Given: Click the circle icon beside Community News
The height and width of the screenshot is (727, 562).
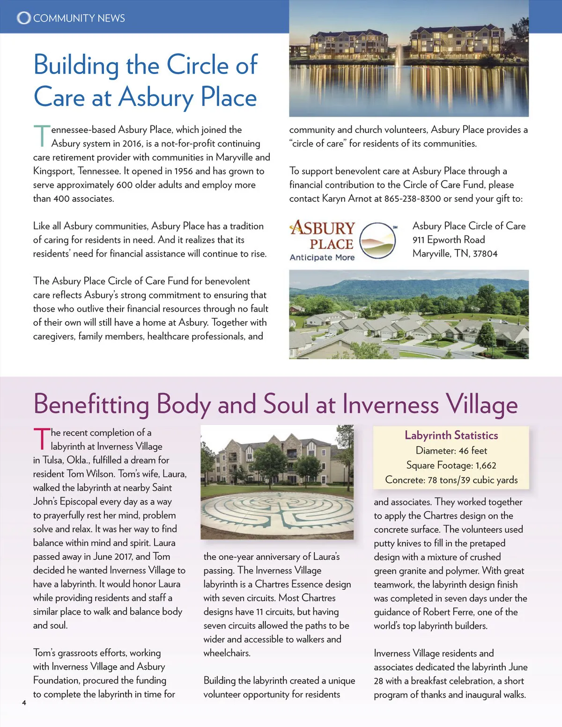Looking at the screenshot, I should point(23,18).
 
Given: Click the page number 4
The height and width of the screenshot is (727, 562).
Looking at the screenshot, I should point(24,702).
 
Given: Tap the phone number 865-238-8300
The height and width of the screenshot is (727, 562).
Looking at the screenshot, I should point(413,198).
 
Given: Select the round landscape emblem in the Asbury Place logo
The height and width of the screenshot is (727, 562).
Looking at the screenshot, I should point(377,241).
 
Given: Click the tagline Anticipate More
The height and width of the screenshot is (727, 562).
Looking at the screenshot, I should point(322,257).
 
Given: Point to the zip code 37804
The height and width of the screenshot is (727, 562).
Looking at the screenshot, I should point(485,254).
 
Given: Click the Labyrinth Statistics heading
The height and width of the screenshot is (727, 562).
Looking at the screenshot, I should point(451,435).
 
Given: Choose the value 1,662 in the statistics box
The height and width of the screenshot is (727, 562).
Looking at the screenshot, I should point(486,465).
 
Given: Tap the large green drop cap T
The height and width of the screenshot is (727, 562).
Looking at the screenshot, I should point(41,135).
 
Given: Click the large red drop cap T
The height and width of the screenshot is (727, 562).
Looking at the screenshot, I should point(41,439).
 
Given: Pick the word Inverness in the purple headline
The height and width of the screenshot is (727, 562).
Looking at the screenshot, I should point(391,404).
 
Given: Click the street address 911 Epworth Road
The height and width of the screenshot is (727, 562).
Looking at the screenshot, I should point(449,240).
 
